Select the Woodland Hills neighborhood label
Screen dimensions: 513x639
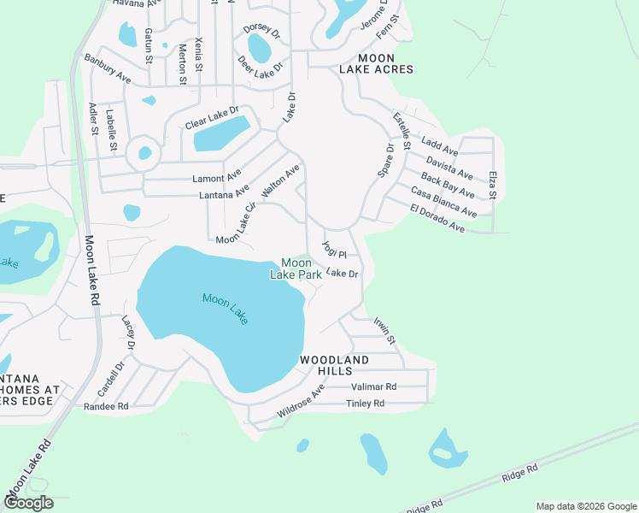click(334, 366)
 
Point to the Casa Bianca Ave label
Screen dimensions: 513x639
click(443, 202)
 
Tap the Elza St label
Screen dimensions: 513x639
click(493, 186)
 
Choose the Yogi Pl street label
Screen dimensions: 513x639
click(334, 250)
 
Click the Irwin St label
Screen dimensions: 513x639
click(384, 330)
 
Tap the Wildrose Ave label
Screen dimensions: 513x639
click(301, 402)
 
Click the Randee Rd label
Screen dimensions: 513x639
click(106, 407)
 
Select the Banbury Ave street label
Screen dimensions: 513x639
click(107, 70)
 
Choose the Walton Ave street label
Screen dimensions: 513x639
click(281, 182)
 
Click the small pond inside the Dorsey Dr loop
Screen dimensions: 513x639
click(259, 49)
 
